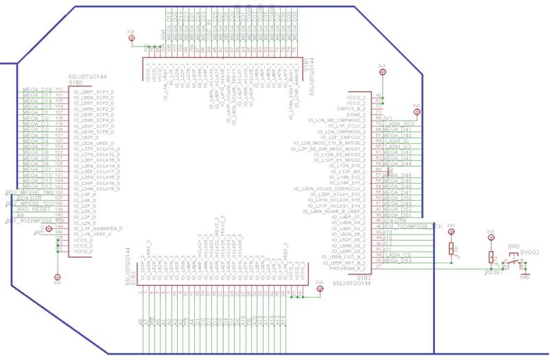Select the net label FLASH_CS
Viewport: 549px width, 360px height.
397,255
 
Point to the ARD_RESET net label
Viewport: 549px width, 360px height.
34,209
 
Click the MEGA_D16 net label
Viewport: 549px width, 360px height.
38,90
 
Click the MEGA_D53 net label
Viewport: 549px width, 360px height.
397,261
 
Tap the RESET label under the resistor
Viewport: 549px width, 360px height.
493,273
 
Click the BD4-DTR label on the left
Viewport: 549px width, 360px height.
30,198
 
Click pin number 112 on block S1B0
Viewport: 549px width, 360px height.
60,90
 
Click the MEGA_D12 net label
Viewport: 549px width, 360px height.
38,187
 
